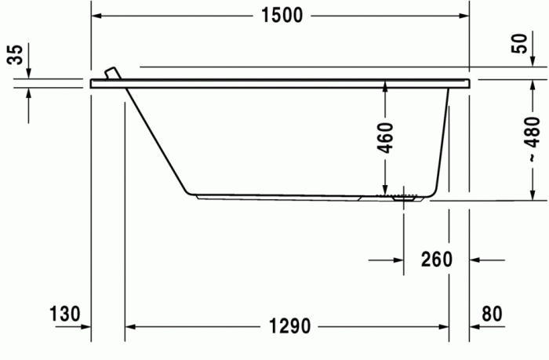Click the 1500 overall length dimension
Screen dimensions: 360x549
(281, 16)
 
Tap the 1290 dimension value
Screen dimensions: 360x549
(289, 325)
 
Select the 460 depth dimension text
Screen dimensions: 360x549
(384, 137)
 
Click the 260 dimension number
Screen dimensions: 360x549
(436, 259)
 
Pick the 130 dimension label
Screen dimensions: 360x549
(65, 315)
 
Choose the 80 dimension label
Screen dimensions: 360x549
(491, 315)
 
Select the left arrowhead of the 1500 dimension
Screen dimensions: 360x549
(98, 16)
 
